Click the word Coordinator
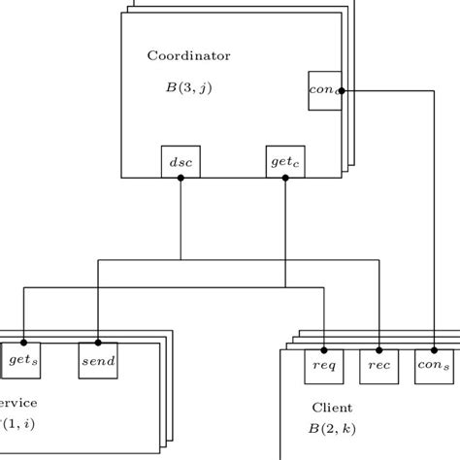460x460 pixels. point(188,55)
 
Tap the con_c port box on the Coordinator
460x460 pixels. point(324,90)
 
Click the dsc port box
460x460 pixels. point(181,163)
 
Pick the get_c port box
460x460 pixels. point(284,163)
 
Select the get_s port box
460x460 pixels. point(20,360)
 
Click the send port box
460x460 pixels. point(97,360)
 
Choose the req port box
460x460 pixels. point(323,366)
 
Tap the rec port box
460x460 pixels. point(378,366)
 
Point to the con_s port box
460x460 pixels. point(433,366)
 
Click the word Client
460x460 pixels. point(331,408)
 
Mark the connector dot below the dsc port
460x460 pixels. point(181,179)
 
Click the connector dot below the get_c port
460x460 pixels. point(284,179)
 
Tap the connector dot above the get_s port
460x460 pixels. point(21,343)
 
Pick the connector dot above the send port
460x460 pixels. point(97,343)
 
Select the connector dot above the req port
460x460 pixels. point(323,348)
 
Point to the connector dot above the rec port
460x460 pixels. point(378,348)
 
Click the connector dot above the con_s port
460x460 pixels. point(433,348)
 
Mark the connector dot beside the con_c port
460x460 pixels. point(343,90)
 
